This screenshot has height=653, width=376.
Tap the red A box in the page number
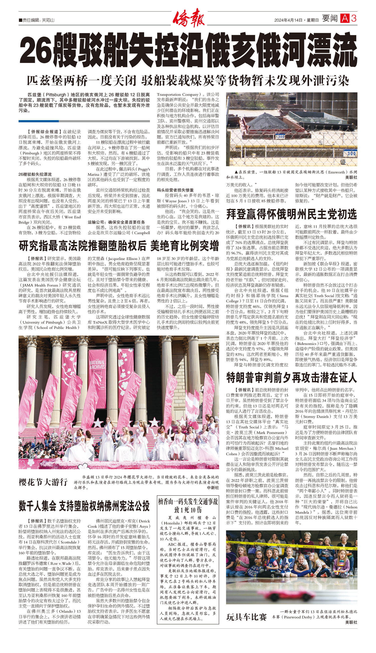click(344, 18)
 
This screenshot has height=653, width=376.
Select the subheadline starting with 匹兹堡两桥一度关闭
click(188, 81)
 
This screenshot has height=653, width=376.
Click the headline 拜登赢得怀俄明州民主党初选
click(291, 214)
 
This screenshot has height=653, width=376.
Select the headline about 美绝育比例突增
click(119, 246)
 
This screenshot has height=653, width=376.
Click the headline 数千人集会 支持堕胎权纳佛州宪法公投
click(84, 506)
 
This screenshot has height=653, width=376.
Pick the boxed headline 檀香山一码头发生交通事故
click(188, 506)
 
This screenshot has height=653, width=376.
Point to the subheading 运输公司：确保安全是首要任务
click(116, 222)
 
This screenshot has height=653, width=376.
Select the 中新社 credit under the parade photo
click(213, 488)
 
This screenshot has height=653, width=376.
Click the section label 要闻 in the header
click(330, 18)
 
